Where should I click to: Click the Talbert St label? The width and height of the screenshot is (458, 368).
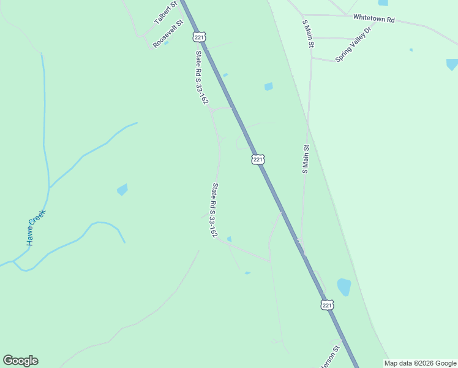pos(165,12)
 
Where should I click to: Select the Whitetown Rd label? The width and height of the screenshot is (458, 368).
pos(374,19)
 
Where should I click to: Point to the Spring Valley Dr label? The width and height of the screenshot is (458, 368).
pos(354,44)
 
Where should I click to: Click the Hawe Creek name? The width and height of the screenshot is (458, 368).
pos(36,228)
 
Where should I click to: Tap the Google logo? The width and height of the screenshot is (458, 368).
pos(20,361)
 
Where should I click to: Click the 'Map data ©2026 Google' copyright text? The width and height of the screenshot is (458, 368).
pos(421,363)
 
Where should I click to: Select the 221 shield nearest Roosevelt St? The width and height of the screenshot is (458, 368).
pos(199,37)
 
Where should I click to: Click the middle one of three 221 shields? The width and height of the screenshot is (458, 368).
pos(258,159)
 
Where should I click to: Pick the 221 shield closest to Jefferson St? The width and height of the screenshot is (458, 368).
pos(327,305)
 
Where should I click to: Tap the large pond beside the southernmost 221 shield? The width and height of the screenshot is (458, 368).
pos(344,286)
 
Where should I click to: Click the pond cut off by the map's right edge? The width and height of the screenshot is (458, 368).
pos(452,64)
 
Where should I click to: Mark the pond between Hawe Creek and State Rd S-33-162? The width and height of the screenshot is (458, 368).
pos(122,190)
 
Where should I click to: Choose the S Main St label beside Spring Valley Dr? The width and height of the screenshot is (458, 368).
pos(308,33)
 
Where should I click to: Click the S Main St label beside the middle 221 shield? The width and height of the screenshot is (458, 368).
pos(306,159)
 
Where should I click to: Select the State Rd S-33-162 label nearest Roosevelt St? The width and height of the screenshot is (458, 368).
pos(201,77)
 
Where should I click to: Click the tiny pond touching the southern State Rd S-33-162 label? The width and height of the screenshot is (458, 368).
pos(229,239)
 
